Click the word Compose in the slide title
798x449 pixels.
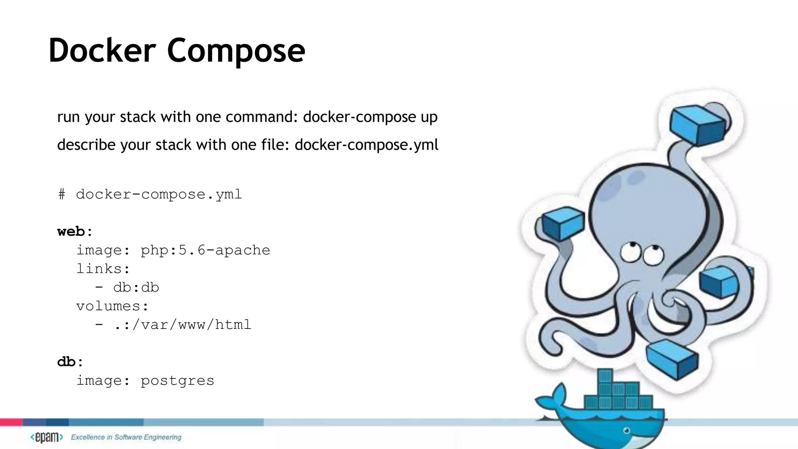click(236, 51)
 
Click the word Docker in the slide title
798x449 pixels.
click(102, 51)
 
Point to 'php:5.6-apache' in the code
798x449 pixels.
click(205, 250)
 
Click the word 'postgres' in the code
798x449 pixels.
click(177, 380)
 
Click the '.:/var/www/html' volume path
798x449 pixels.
click(183, 325)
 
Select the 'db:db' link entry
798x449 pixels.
click(136, 288)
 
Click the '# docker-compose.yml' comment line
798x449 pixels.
click(150, 194)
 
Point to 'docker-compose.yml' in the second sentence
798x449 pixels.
click(366, 145)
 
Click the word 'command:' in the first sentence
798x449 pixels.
click(262, 117)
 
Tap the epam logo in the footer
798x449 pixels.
click(47, 437)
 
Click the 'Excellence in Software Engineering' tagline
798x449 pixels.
click(126, 437)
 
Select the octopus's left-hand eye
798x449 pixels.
click(630, 251)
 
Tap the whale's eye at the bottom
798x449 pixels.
click(627, 431)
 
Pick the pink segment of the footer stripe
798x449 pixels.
click(11, 422)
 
